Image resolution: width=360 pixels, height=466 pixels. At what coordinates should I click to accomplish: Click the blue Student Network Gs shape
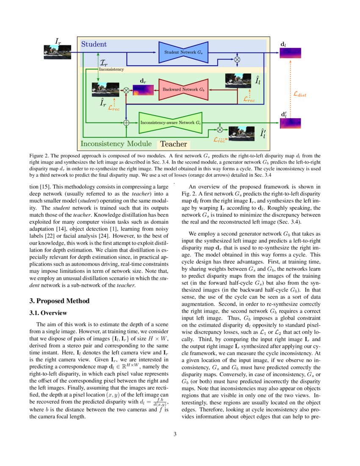(183, 52)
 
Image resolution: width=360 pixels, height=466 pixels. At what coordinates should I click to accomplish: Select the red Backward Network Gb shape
(183, 90)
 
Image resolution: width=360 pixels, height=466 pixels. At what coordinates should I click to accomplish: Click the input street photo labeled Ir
(54, 52)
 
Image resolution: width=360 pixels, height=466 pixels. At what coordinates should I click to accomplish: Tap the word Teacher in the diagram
(173, 144)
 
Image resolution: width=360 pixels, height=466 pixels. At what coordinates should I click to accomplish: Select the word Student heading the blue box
(94, 44)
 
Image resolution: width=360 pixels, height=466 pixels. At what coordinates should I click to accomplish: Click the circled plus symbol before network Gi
(126, 122)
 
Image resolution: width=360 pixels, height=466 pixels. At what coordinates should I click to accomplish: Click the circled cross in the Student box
(237, 60)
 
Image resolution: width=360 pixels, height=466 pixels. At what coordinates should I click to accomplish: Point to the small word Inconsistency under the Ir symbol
(111, 69)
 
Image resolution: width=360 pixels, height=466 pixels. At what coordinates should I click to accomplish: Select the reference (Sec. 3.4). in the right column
(288, 222)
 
